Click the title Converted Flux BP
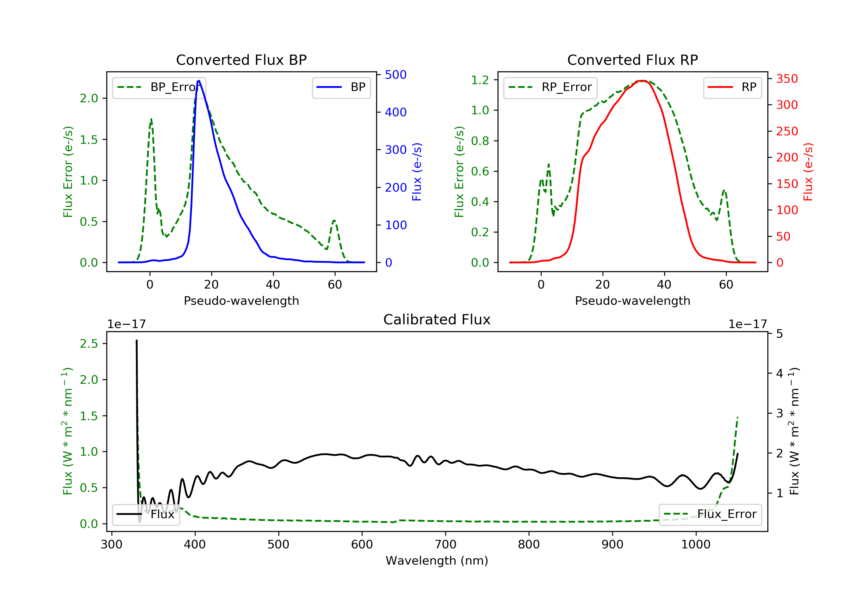click(x=241, y=60)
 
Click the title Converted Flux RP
click(x=632, y=60)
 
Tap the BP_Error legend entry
click(x=159, y=87)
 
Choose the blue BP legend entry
click(x=341, y=87)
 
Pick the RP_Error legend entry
click(x=550, y=87)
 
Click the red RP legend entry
click(x=732, y=87)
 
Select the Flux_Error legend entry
click(x=710, y=514)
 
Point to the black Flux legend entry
click(x=146, y=514)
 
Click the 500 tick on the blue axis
click(x=396, y=75)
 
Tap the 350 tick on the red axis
click(x=787, y=79)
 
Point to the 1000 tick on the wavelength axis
click(x=695, y=545)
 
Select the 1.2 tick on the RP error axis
click(x=480, y=80)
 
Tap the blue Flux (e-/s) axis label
click(x=417, y=172)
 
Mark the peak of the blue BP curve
click(x=199, y=81)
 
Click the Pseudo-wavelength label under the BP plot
click(x=241, y=300)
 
